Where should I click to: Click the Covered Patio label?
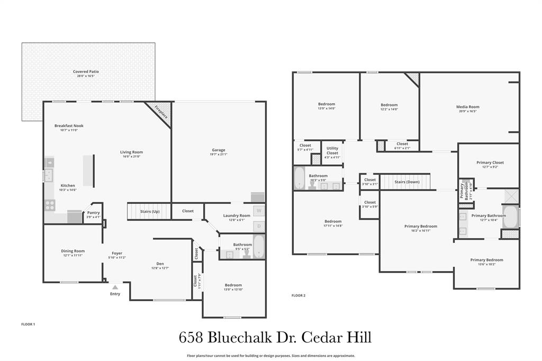(x=86, y=71)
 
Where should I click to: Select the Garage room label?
(x=219, y=150)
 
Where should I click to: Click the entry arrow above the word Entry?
(x=115, y=287)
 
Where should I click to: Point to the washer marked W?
(x=259, y=211)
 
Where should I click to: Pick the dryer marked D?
(x=259, y=227)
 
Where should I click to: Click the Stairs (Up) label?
(x=150, y=212)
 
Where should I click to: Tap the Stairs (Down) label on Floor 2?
(x=407, y=182)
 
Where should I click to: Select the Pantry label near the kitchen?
(x=94, y=213)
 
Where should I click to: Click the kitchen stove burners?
(x=50, y=205)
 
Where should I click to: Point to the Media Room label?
(x=467, y=107)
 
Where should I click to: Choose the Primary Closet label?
(x=490, y=163)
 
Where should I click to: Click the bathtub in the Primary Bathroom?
(x=510, y=216)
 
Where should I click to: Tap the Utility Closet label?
(x=332, y=150)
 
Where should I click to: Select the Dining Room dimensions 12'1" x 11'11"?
(x=73, y=256)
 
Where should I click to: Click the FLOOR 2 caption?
(x=298, y=295)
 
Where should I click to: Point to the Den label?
(x=160, y=264)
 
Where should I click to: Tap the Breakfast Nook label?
(x=69, y=125)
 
